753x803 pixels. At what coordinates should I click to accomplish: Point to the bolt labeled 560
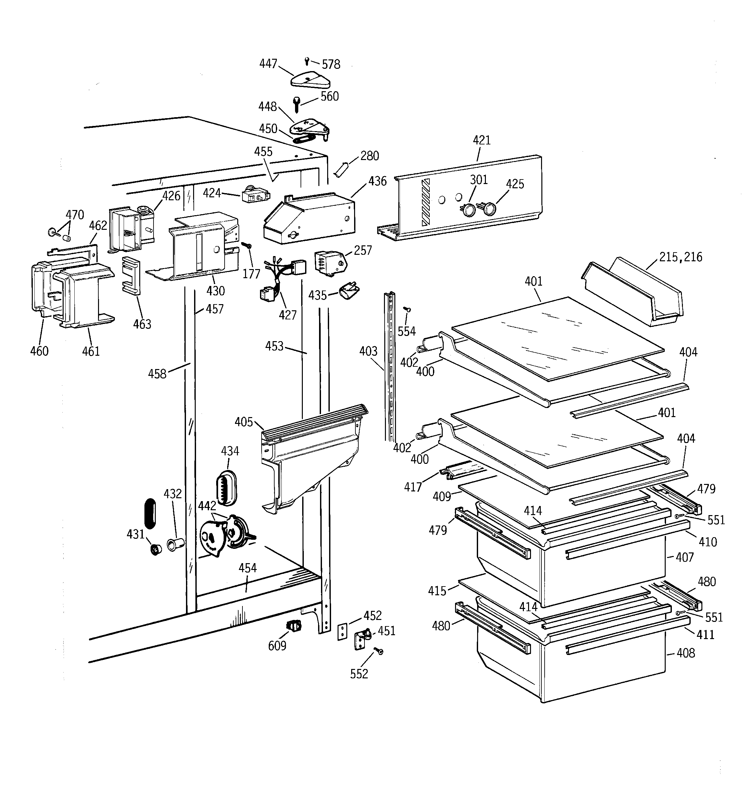[x=297, y=105]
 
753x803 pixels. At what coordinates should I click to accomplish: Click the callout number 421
[x=482, y=141]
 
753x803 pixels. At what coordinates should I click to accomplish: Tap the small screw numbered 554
[x=408, y=309]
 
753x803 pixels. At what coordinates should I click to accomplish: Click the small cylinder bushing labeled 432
[x=176, y=545]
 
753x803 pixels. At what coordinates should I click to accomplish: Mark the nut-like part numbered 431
[x=155, y=549]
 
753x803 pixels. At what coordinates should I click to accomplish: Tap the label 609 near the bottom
[x=277, y=646]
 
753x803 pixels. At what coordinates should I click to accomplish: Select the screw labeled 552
[x=378, y=651]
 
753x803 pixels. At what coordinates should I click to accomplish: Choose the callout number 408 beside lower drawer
[x=685, y=653]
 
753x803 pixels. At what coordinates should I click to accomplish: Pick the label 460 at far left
[x=39, y=351]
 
